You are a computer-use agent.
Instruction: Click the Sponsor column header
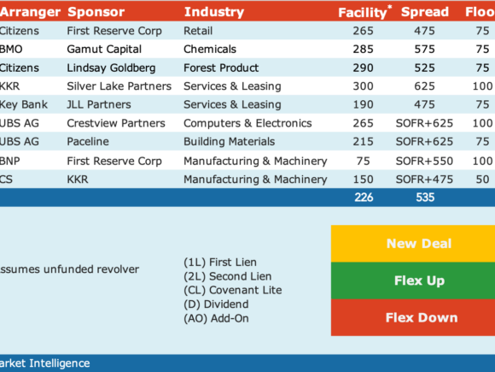pos(96,12)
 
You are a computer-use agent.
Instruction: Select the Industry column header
pos(214,12)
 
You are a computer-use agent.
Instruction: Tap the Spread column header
pos(425,12)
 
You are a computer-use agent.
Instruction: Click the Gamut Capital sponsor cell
pos(104,50)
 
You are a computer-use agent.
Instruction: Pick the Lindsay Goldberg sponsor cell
pos(111,68)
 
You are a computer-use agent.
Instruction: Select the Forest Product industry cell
pos(221,68)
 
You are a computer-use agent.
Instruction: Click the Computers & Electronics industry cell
pos(247,123)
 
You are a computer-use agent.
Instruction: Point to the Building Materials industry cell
pos(230,141)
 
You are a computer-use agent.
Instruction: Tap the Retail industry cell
pos(198,31)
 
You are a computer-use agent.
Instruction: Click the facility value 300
pos(363,86)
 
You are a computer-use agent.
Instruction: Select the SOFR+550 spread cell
pos(424,161)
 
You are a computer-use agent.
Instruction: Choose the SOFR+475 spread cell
pos(424,180)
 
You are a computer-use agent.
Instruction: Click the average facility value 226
pos(364,198)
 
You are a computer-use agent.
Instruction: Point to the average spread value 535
pos(425,198)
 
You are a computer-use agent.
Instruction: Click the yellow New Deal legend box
pos(413,244)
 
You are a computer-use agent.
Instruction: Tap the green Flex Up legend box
pos(413,280)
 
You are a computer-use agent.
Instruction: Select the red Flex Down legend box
pos(413,317)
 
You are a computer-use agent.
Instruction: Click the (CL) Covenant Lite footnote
pos(233,290)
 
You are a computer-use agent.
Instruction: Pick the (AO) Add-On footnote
pos(216,318)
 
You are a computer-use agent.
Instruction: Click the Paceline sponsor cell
pos(88,141)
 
